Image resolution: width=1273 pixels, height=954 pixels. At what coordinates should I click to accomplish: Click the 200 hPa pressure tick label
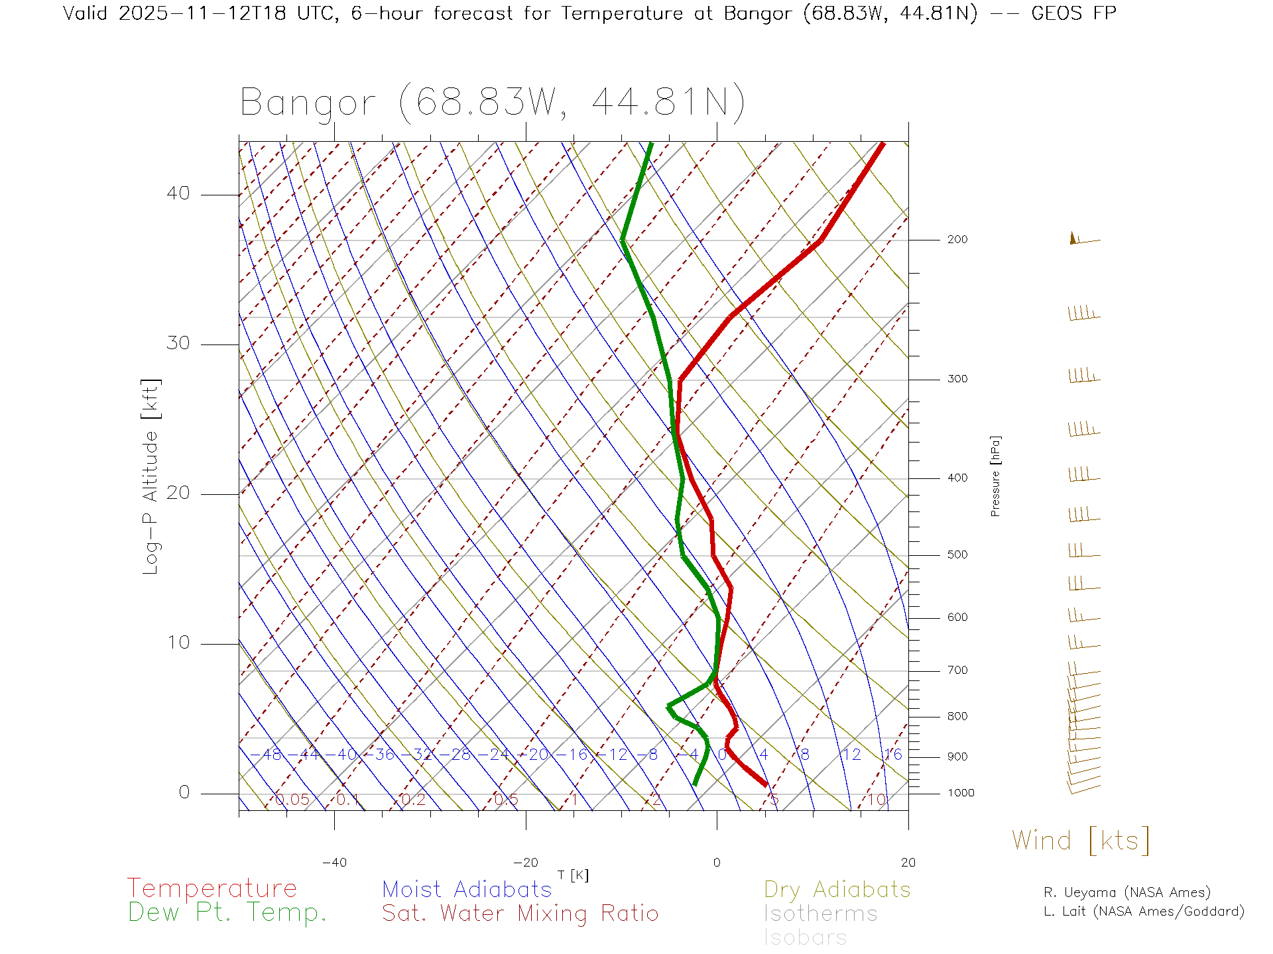(957, 240)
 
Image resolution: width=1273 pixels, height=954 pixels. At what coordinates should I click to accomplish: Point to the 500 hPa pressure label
(957, 555)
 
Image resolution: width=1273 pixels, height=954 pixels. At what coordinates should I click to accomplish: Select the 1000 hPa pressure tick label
(960, 793)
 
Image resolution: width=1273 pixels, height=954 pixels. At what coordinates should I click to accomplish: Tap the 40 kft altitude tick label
(178, 193)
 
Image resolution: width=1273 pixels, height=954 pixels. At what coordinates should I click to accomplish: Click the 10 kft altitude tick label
(178, 643)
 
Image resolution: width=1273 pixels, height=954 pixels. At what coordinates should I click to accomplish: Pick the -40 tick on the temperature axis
(334, 863)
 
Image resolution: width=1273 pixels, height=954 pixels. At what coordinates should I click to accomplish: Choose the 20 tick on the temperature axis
(908, 863)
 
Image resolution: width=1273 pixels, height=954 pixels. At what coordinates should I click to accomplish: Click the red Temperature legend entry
(212, 888)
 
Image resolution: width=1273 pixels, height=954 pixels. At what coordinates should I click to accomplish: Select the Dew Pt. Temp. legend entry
(227, 913)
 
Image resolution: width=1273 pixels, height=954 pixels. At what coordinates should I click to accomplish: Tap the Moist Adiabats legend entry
(467, 890)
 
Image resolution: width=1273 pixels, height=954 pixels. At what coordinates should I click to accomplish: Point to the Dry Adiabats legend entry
(837, 890)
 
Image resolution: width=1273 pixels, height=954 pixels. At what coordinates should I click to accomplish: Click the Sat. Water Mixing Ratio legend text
(520, 914)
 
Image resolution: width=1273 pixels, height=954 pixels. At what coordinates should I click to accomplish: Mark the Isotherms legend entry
(821, 914)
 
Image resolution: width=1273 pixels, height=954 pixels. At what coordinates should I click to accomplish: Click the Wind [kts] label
(1081, 841)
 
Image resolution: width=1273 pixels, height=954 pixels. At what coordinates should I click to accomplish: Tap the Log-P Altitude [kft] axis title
(151, 477)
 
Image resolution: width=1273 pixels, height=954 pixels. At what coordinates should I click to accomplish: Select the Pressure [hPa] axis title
(995, 476)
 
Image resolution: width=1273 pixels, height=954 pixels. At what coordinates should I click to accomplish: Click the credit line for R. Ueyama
(1126, 892)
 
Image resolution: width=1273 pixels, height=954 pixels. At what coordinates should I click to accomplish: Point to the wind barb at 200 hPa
(1083, 239)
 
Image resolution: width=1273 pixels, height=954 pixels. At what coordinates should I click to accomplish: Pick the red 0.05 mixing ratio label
(292, 800)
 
